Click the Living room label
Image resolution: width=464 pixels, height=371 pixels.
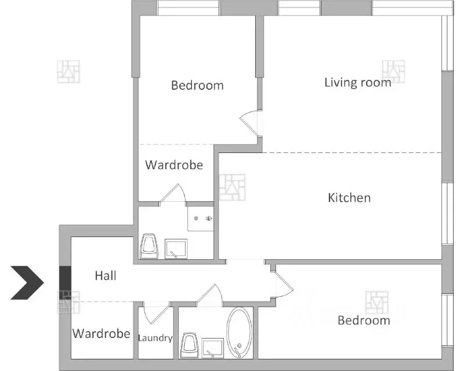[x=358, y=82]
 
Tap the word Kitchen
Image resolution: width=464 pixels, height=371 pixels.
[x=349, y=198]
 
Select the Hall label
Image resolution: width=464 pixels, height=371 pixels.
[x=106, y=276]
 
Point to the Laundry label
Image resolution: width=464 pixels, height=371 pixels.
[x=155, y=338]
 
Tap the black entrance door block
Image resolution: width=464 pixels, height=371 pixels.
[x=65, y=282]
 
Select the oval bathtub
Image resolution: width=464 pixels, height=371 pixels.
[x=239, y=332]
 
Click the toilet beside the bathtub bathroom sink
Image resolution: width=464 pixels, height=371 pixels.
[x=190, y=345]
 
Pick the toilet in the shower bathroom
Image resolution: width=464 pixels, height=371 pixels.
[x=148, y=246]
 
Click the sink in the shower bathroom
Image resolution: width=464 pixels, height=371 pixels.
[x=176, y=249]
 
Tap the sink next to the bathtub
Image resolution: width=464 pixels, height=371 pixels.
[x=213, y=348]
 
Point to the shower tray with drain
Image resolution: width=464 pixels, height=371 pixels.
[x=201, y=219]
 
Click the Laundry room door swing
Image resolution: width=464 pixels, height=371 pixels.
[x=155, y=315]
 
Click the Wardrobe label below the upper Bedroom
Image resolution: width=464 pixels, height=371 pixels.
[x=174, y=165]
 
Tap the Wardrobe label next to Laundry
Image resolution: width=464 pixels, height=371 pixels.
[x=101, y=333]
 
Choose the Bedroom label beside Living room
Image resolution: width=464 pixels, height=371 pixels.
[x=197, y=85]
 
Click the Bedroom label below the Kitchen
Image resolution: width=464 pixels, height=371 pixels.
[x=364, y=321]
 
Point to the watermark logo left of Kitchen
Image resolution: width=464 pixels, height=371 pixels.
[x=232, y=187]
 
